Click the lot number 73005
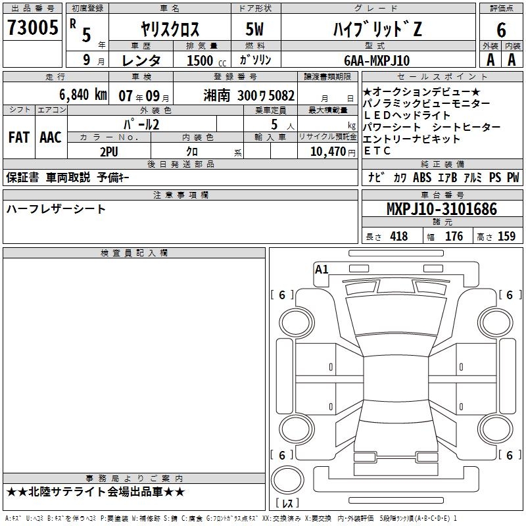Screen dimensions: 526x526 32,27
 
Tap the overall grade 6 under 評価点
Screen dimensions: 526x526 501,30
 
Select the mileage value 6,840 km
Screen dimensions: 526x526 83,95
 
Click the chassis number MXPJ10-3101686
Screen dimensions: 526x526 442,208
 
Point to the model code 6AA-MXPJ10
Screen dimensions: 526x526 377,60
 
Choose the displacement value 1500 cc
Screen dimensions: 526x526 206,60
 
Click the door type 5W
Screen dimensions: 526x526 254,29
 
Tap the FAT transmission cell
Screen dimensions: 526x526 19,137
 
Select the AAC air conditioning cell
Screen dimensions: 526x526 51,137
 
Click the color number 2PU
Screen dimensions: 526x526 109,152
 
